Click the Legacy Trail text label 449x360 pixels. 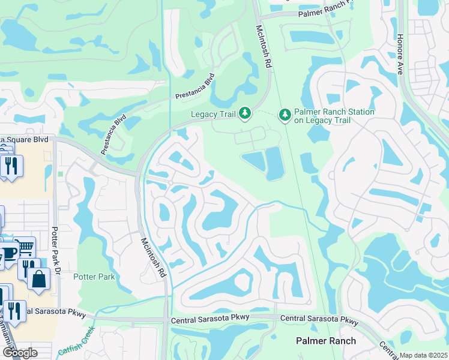click(x=212, y=114)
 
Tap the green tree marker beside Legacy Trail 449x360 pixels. click(x=244, y=113)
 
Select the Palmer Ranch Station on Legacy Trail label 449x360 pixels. click(x=334, y=116)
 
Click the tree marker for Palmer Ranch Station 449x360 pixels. click(x=285, y=114)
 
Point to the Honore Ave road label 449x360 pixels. click(x=400, y=54)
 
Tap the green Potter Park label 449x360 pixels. click(x=94, y=277)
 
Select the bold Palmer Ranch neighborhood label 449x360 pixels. click(x=326, y=341)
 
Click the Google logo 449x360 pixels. click(x=19, y=353)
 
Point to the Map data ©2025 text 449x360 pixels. click(x=423, y=355)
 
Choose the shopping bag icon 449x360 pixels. click(x=38, y=279)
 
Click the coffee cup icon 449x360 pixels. click(x=8, y=253)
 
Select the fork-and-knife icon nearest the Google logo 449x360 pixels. click(x=14, y=311)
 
